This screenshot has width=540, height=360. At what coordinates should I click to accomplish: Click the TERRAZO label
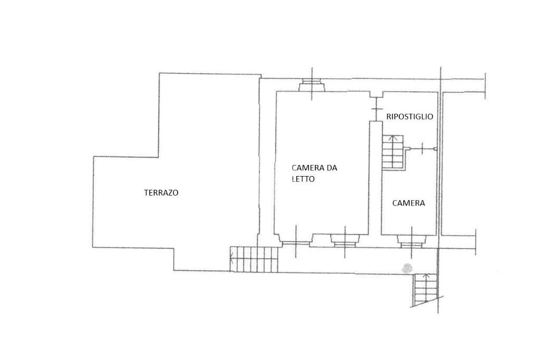click(161, 193)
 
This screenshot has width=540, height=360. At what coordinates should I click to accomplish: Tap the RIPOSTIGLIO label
click(410, 116)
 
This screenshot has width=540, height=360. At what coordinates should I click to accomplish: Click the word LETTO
click(303, 179)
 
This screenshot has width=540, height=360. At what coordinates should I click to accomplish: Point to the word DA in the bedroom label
click(331, 168)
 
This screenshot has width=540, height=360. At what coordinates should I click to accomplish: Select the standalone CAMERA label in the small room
click(408, 203)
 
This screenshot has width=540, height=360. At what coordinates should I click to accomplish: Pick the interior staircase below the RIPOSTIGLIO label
click(392, 152)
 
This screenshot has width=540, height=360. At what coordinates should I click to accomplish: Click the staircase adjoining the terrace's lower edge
click(254, 259)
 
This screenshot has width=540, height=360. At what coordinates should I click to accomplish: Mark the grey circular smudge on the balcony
click(407, 268)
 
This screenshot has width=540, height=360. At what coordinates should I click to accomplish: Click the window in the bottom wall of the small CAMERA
click(411, 241)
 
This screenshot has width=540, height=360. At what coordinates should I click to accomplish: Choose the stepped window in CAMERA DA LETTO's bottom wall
click(345, 240)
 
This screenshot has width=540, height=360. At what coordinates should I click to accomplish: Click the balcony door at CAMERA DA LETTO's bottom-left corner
click(295, 243)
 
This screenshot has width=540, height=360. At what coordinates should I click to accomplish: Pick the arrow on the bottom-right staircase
click(426, 278)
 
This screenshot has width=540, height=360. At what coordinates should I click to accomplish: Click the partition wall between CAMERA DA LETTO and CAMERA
click(375, 179)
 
